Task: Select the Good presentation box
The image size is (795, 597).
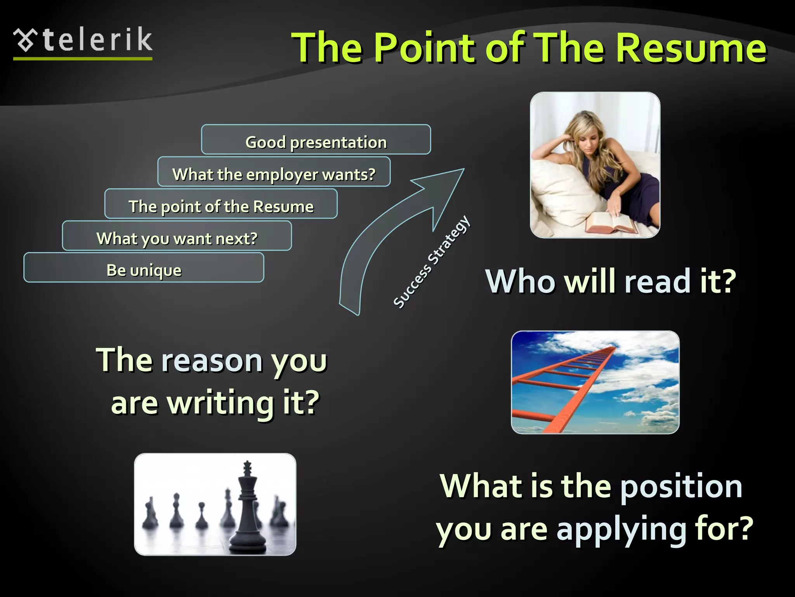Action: point(316,140)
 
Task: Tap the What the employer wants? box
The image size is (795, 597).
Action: point(274,172)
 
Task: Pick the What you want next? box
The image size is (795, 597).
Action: point(177,236)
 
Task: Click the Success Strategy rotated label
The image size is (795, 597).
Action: point(432,262)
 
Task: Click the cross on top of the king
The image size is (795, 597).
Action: point(247,466)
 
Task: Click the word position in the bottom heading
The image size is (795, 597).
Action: point(681,487)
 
